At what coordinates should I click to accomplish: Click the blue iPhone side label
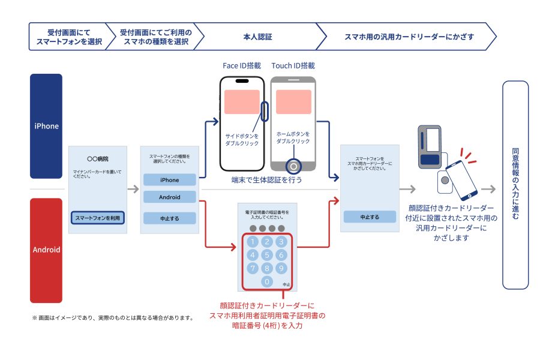click(46, 126)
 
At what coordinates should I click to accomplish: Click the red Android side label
click(46, 250)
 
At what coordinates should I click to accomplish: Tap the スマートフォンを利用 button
click(98, 218)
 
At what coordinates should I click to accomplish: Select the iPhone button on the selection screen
click(169, 180)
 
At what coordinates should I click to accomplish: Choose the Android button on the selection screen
click(169, 197)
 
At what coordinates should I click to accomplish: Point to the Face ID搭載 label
click(242, 65)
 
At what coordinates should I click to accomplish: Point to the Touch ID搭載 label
click(293, 65)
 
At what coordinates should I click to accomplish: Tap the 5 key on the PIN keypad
click(268, 255)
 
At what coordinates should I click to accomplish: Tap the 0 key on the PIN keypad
click(268, 281)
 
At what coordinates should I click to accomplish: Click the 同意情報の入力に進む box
click(515, 185)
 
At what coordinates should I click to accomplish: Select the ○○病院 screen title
click(97, 160)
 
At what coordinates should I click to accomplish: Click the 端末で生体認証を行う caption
click(267, 179)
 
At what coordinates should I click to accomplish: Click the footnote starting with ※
click(112, 317)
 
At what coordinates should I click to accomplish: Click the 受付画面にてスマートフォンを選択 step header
click(67, 37)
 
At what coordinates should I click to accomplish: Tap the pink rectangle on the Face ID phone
click(242, 102)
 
